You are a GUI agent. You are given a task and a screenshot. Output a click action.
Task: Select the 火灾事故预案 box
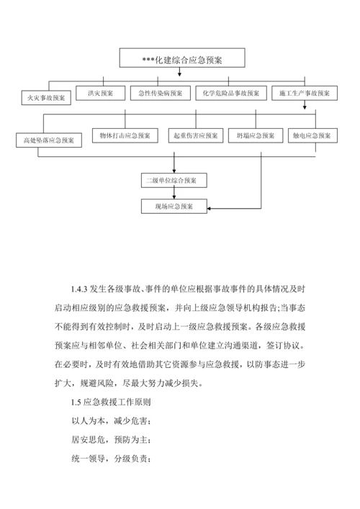coord(45,96)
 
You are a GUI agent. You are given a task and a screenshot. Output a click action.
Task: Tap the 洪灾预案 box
coord(101,93)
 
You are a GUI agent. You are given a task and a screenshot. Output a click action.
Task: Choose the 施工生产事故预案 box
coord(305,93)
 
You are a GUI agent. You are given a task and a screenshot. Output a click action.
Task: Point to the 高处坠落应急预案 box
coord(45,139)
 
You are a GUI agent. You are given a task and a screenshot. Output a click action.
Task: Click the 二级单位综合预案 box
coord(174,179)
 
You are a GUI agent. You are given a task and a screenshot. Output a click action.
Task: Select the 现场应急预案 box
coord(174,206)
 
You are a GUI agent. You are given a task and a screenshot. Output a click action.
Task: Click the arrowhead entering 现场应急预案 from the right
coord(210,207)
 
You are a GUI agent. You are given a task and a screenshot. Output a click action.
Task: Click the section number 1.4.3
coord(79,289)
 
